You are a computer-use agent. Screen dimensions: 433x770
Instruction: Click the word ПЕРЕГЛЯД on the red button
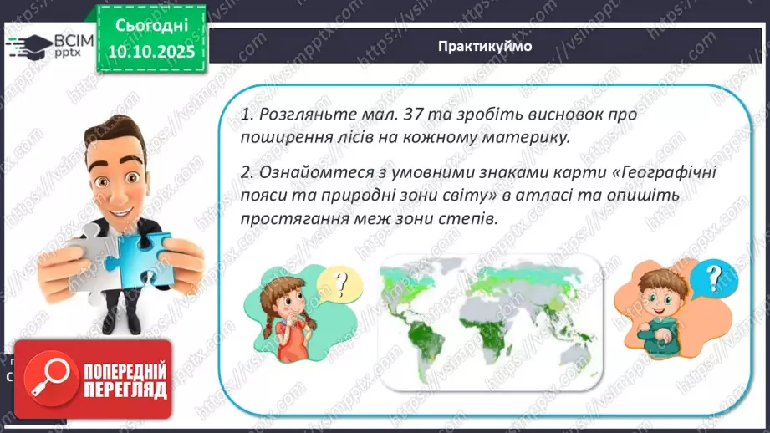coord(123,390)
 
